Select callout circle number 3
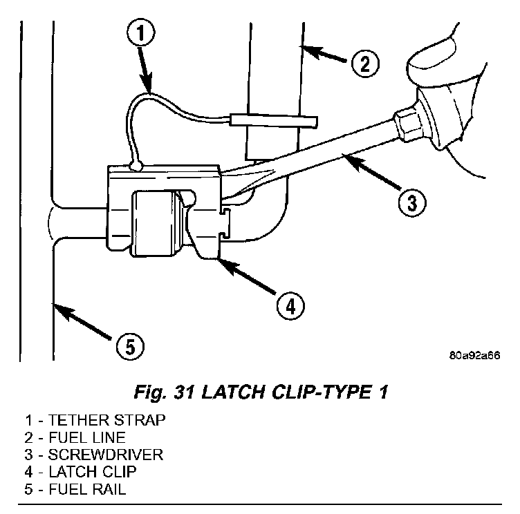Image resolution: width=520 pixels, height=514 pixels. point(411,202)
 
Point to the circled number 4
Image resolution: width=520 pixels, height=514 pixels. point(290,303)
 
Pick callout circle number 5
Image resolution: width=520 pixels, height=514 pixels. point(130,346)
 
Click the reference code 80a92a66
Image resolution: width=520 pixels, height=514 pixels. point(474,356)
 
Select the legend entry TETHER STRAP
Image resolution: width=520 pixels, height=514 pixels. point(111,420)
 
